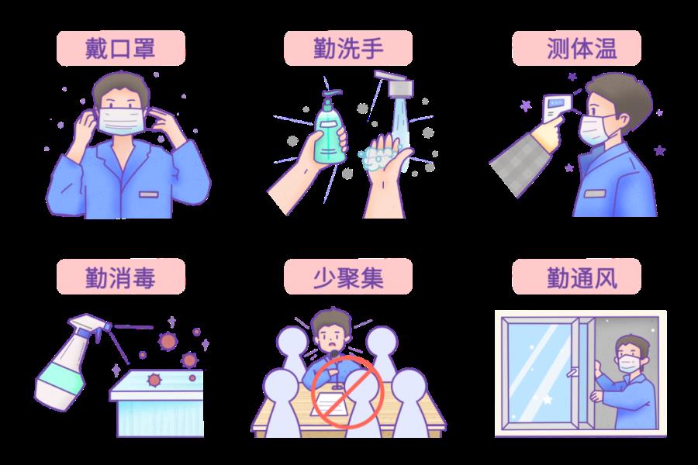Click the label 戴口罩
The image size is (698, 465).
pos(120,48)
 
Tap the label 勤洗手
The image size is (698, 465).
pos(348,48)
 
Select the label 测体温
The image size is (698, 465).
pos(582,48)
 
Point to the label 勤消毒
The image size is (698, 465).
pos(120,277)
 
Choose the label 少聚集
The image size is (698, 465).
pos(348,277)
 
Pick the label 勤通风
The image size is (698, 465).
pos(582,277)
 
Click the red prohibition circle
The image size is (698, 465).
pos(347,392)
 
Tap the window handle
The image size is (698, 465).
pos(573,370)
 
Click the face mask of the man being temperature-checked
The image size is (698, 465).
pos(595,129)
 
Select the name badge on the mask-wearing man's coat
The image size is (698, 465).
pos(149,195)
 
